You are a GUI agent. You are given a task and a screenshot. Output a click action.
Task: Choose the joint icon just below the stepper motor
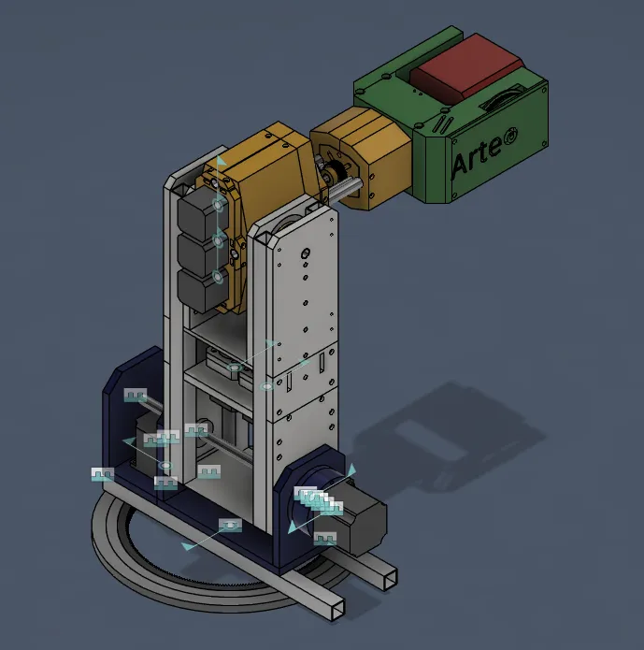click(x=325, y=539)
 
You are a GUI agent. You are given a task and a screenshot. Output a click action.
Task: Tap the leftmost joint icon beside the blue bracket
click(x=102, y=474)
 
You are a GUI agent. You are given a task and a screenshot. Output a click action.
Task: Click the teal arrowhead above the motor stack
click(x=221, y=162)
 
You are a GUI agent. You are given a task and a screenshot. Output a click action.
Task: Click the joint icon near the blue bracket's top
click(x=136, y=396)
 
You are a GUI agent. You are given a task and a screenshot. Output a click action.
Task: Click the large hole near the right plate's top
click(x=306, y=253)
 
